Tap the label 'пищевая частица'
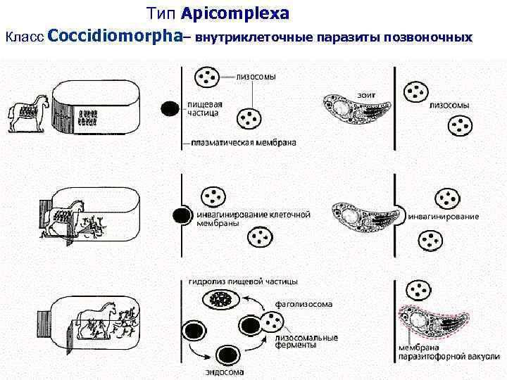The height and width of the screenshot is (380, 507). tap(204, 108)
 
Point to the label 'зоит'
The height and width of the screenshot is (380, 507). tap(365, 94)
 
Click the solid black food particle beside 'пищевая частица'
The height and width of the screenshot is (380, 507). tap(170, 108)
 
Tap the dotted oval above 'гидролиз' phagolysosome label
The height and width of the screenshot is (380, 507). tap(222, 300)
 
